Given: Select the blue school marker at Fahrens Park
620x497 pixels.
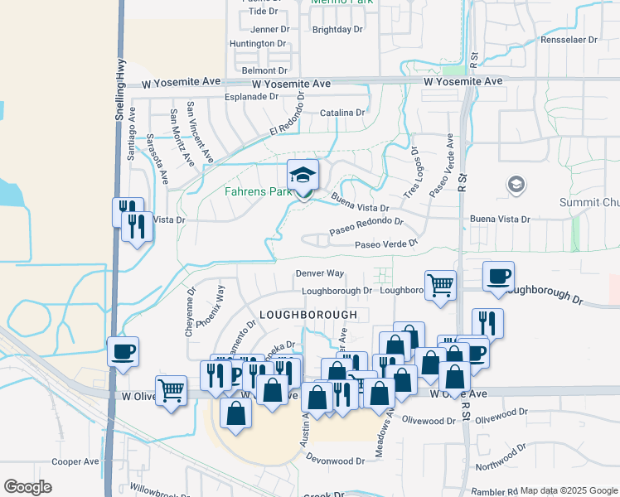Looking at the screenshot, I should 303,176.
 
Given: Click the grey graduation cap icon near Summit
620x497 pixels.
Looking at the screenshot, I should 516,183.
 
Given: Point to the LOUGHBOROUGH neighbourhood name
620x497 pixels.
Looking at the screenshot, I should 308,316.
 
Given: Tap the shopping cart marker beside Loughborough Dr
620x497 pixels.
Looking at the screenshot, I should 441,286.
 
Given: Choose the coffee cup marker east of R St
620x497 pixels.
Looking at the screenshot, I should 498,277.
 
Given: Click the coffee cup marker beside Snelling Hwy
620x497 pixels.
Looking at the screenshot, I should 123,352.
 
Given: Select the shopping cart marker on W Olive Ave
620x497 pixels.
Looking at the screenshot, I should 171,388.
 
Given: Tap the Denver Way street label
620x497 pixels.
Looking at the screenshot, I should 319,273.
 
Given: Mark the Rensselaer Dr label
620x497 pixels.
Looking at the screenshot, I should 569,40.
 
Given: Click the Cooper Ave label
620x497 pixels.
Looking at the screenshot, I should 75,461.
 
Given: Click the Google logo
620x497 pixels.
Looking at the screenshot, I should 27,487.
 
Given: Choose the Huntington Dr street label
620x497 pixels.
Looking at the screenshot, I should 257,43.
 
